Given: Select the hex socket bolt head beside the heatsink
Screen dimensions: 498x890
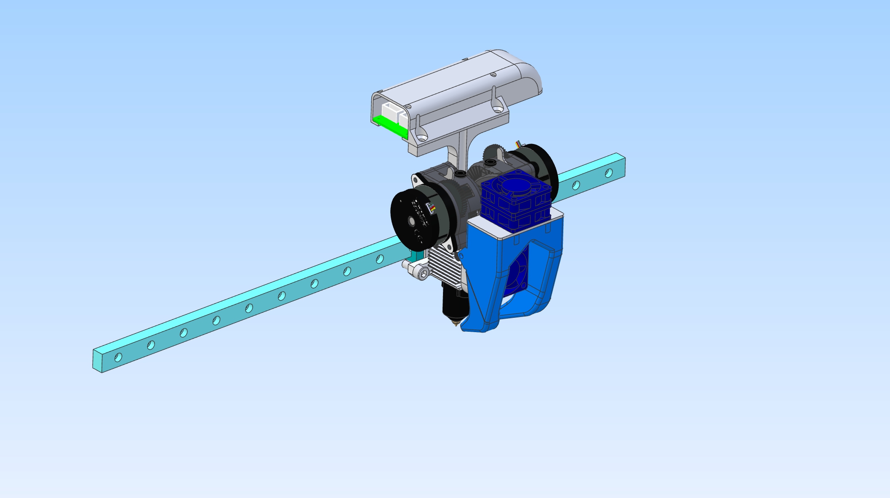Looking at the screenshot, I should tap(423, 274).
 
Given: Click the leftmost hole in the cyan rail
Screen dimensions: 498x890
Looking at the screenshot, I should tap(118, 357).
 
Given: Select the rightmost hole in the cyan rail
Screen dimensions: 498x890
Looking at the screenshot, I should tap(609, 173).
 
